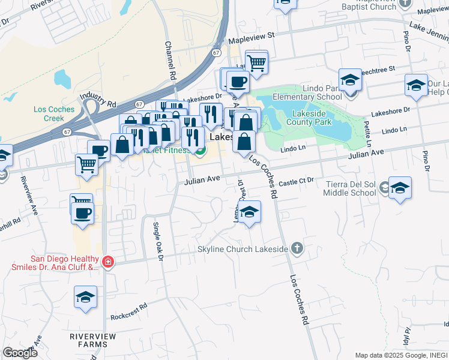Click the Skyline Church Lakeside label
[x=243, y=248]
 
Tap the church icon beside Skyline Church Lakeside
[x=295, y=248]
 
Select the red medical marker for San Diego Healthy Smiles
[x=107, y=262]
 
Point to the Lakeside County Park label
[x=312, y=117]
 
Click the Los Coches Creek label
[x=54, y=113]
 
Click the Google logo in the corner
[x=20, y=352]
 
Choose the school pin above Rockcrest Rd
[x=86, y=297]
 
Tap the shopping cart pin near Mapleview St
[x=256, y=62]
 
